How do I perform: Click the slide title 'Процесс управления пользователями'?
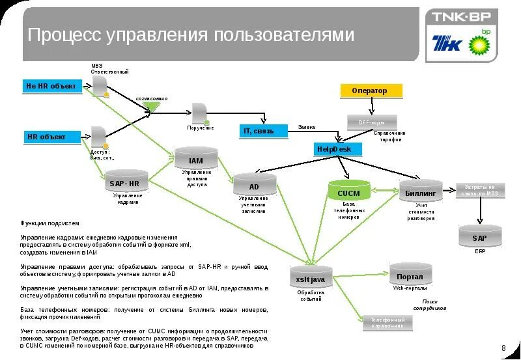(191, 35)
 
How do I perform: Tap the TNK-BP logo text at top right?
(461, 18)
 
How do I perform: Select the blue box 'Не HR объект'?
(52, 86)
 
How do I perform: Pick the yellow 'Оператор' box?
(371, 90)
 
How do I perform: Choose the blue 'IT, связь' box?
(262, 131)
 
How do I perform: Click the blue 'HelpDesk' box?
(335, 149)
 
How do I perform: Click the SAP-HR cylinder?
(126, 182)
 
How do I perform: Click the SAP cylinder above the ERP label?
(480, 237)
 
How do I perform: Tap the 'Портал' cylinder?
(410, 275)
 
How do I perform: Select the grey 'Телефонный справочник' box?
(388, 322)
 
